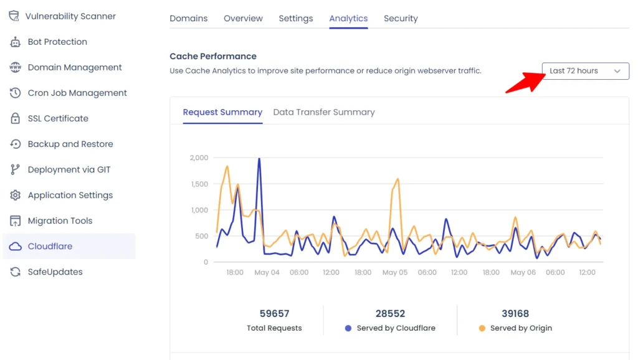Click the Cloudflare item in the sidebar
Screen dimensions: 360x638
(50, 246)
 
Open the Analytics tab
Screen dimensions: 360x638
(348, 19)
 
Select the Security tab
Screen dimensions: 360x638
(401, 19)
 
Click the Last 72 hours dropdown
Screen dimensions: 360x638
(585, 71)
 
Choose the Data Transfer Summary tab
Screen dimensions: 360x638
(324, 112)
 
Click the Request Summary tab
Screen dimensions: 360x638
(222, 112)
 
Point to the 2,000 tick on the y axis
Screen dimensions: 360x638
(199, 158)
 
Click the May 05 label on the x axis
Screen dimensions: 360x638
(394, 273)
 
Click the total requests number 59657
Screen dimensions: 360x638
(274, 313)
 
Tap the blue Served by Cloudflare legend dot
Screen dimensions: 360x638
(348, 328)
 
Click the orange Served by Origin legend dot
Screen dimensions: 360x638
(482, 328)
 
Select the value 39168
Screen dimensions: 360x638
(515, 313)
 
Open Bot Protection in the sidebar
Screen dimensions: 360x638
(57, 42)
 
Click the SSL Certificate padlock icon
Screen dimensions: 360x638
(16, 118)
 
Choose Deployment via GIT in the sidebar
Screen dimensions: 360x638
(69, 169)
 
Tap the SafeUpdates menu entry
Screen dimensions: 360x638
(55, 272)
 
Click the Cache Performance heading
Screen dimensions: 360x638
(213, 56)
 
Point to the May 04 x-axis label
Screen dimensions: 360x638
(267, 273)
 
